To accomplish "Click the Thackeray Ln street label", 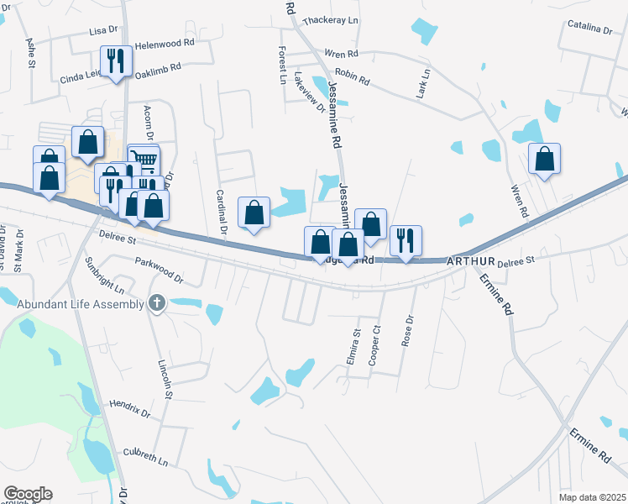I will point(330,19).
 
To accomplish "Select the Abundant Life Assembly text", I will point(81,304).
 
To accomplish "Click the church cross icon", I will point(156,303).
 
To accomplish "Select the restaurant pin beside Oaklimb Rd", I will point(116,60).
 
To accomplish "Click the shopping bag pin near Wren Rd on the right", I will point(544,158).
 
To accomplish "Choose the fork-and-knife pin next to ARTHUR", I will point(406,240).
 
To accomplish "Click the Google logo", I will point(28,494).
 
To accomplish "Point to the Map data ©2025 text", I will point(592,497).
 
